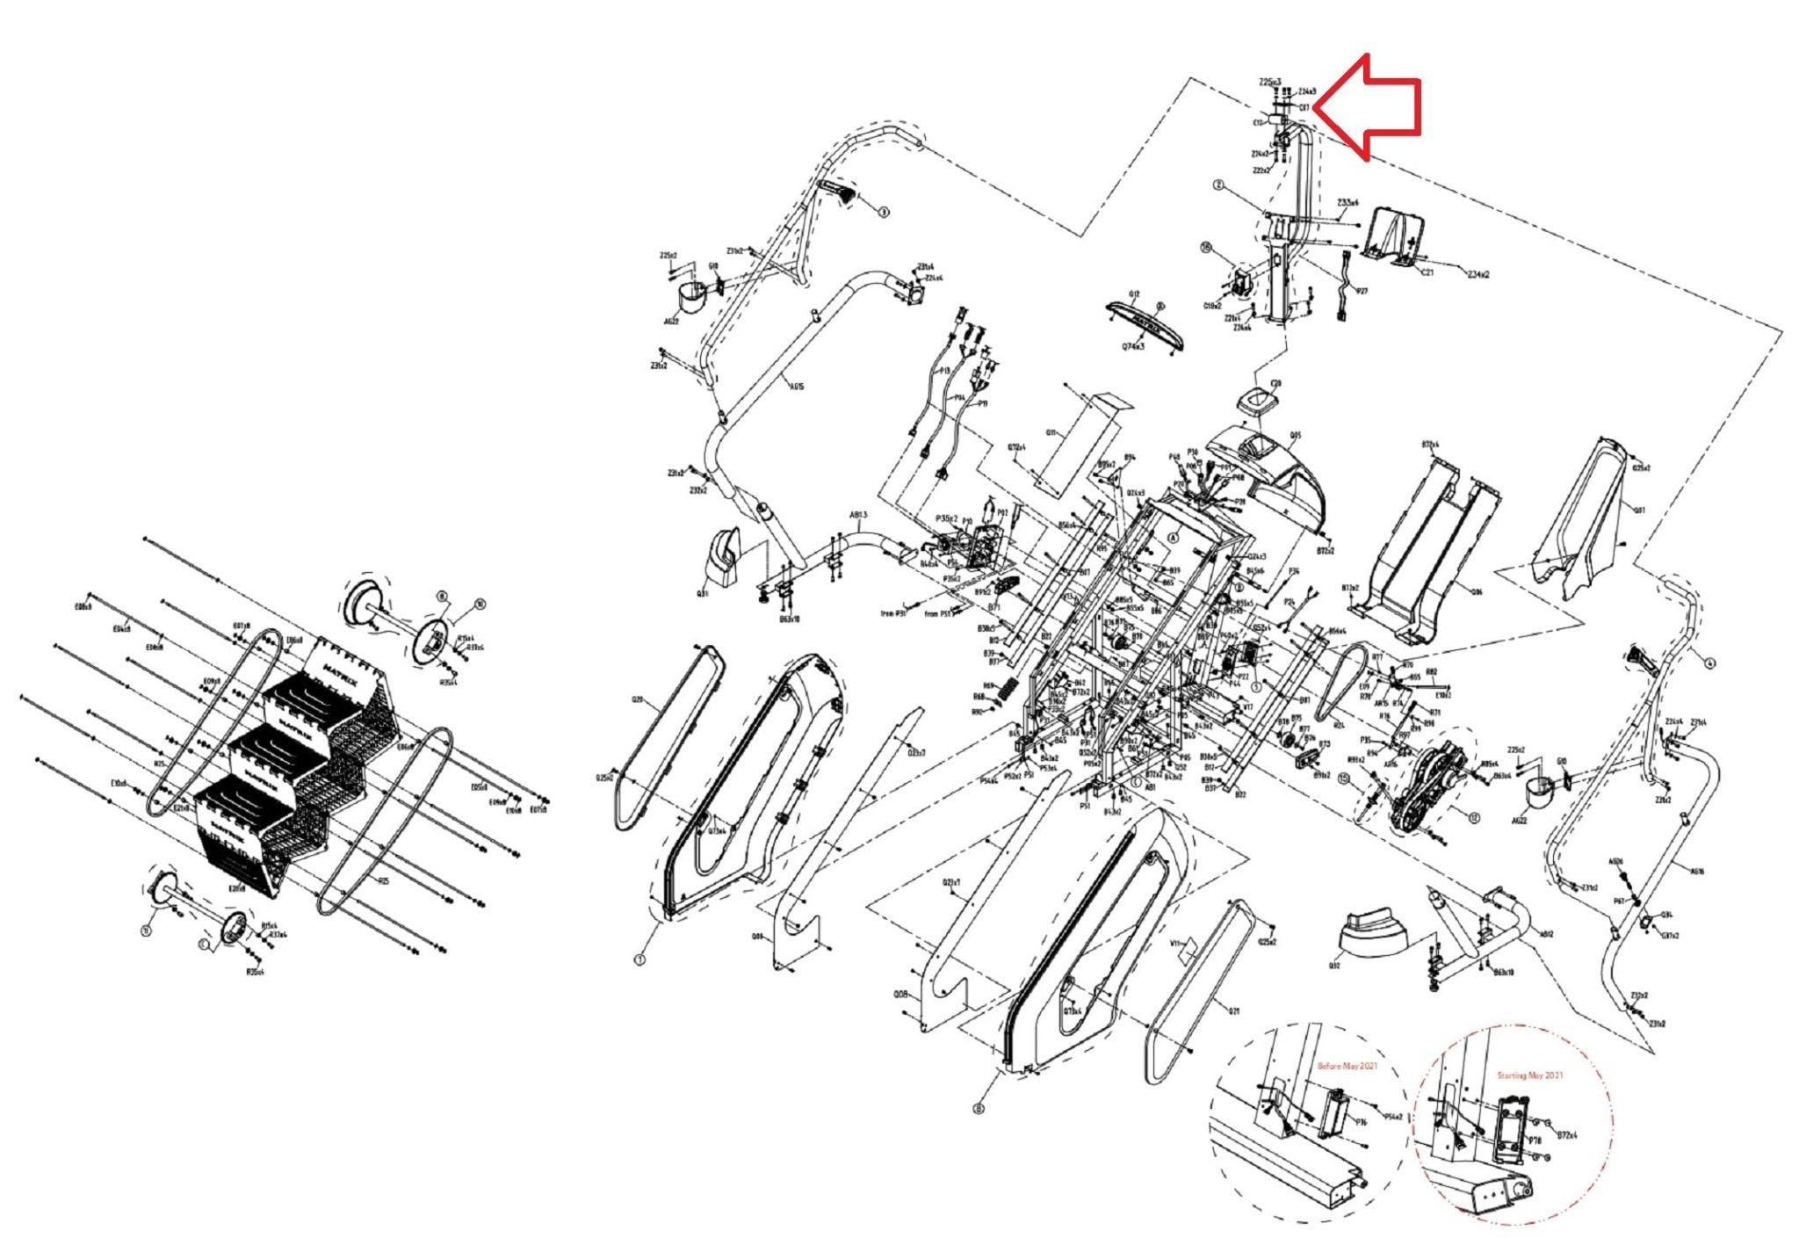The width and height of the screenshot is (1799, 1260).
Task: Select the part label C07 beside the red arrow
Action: (x=1304, y=108)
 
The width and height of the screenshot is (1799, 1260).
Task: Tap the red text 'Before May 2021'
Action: (x=1347, y=1067)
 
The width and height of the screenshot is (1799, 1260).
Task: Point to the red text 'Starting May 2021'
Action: (x=1530, y=1075)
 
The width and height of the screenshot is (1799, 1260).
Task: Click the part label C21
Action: (x=1427, y=272)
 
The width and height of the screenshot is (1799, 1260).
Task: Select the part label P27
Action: (x=1362, y=291)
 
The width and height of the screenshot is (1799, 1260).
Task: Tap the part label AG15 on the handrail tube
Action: (x=797, y=387)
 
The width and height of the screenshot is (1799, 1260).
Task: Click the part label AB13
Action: (x=858, y=515)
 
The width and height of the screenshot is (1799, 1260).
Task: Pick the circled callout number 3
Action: (x=884, y=212)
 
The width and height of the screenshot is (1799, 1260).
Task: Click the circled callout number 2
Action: (x=1218, y=186)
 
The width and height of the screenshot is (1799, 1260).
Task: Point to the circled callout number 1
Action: (x=640, y=960)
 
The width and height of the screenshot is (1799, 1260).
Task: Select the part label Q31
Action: (x=702, y=594)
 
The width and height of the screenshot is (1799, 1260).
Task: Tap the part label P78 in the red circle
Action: (x=1535, y=1141)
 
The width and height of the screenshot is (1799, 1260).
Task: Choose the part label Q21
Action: (x=1234, y=1011)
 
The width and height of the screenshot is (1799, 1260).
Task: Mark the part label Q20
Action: (x=638, y=700)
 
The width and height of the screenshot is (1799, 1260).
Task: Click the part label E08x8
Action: (x=83, y=607)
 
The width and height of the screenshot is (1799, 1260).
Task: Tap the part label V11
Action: (x=1174, y=943)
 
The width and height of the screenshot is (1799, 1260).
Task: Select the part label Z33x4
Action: (x=1347, y=202)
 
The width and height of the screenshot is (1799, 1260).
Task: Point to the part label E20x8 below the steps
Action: (x=236, y=888)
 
